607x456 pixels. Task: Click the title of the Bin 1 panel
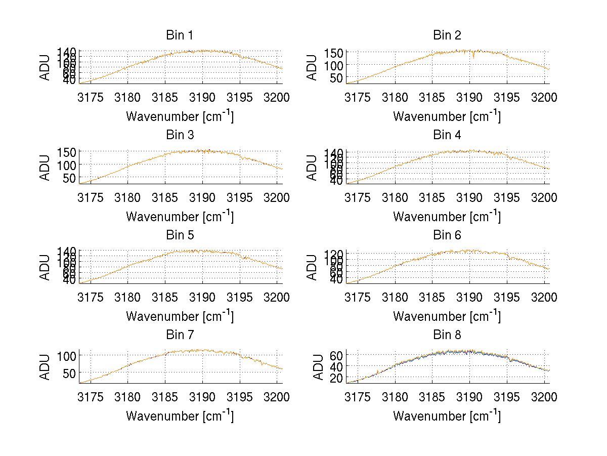pos(180,35)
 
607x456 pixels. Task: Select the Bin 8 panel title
pos(447,335)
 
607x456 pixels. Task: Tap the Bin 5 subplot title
pos(180,235)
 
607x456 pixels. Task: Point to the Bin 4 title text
pos(447,135)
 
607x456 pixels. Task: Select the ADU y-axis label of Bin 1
pos(46,67)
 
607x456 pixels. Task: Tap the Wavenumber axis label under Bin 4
pos(447,216)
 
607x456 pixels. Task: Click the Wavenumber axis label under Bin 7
pos(180,416)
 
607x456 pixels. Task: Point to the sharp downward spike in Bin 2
pos(473,57)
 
